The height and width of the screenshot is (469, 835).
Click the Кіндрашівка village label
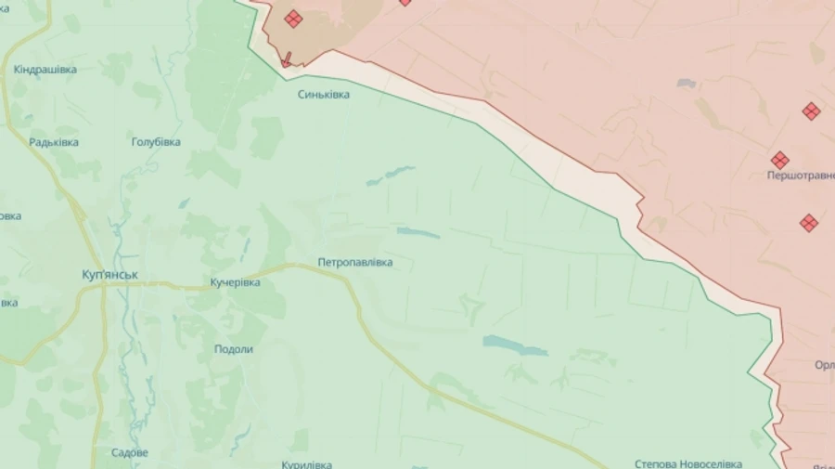(45, 70)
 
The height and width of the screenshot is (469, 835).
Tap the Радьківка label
(54, 142)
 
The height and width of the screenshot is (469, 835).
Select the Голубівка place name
(156, 142)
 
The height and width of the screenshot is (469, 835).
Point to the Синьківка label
(324, 94)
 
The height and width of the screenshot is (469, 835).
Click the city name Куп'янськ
(110, 275)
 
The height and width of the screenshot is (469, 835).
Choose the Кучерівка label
(235, 281)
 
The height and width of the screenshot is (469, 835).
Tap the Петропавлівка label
(354, 263)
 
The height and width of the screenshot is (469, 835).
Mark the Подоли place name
(233, 349)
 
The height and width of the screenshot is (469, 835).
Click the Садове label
(129, 452)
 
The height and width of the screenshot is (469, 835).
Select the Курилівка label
(306, 464)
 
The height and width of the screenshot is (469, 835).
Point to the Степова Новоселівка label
(688, 463)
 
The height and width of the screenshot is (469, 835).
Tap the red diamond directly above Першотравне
(779, 160)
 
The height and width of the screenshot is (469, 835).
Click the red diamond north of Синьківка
(293, 19)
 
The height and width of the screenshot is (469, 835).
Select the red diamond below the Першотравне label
(809, 223)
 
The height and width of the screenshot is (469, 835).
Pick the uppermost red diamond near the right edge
(811, 111)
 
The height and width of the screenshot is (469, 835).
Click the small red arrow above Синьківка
(286, 59)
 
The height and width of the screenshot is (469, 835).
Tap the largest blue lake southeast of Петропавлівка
(516, 345)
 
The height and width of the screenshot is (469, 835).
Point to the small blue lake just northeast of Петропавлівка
(417, 232)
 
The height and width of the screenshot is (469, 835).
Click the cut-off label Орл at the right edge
(824, 365)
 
